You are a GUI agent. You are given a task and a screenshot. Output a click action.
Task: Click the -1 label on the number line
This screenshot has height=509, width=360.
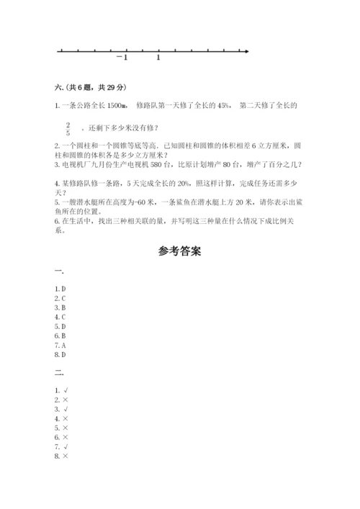point(122,58)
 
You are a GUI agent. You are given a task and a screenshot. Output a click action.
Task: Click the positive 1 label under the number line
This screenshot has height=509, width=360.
point(158,58)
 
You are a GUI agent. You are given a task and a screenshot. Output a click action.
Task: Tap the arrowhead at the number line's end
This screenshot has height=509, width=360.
point(246,51)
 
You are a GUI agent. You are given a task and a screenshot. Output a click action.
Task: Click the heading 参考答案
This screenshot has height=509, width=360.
point(179,252)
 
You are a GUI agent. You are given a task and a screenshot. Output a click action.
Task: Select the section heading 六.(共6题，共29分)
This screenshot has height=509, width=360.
point(90,88)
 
